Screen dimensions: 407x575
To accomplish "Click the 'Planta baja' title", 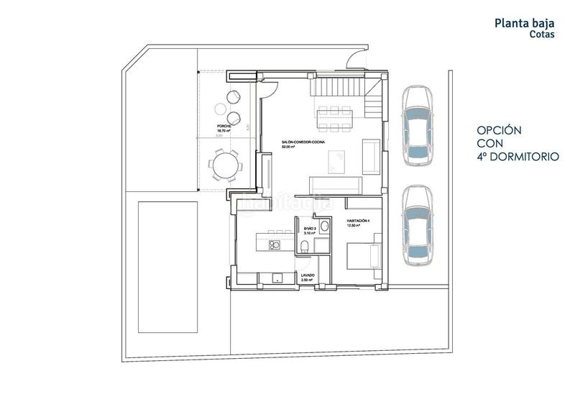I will click(x=525, y=23).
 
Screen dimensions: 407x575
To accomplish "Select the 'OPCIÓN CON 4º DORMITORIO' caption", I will click(x=518, y=143).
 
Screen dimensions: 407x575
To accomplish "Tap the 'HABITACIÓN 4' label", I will click(x=358, y=220).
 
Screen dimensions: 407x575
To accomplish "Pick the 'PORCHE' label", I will click(x=225, y=126).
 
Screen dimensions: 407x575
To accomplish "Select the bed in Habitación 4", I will click(x=364, y=255).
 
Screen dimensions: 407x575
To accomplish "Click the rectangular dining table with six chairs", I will click(x=332, y=119).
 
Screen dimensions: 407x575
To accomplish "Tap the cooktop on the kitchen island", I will click(x=274, y=245).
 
